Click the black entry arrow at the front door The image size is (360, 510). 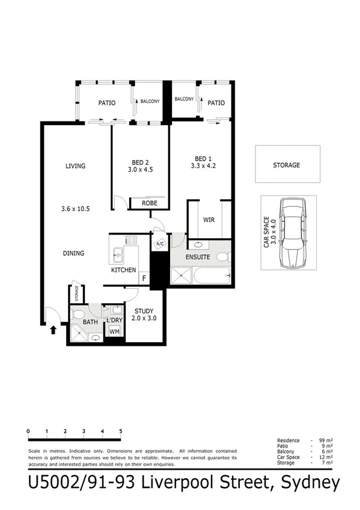tap(53, 329)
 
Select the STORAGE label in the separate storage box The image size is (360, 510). tap(286, 165)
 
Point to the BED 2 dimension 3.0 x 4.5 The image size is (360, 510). tap(141, 170)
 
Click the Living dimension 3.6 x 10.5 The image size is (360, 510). tap(75, 209)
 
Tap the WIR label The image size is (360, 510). tap(209, 220)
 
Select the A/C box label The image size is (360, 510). tap(160, 244)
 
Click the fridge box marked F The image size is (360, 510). tap(144, 278)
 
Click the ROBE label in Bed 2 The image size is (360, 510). tap(149, 203)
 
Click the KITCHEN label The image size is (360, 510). tap(123, 270)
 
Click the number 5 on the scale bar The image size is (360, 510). tap(121, 431)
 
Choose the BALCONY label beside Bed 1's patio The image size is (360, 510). tap(184, 99)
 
